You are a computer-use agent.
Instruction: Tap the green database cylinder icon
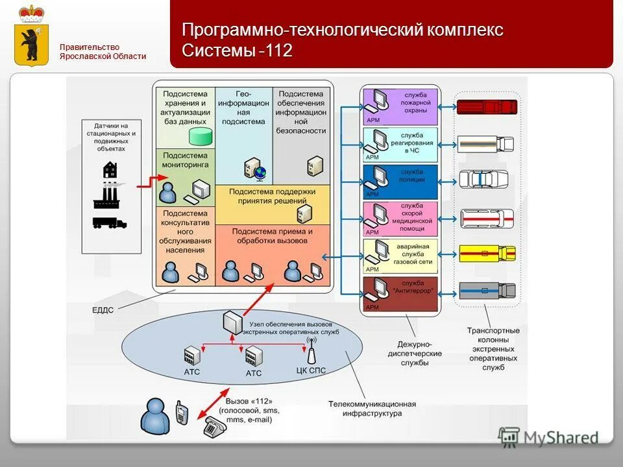coord(201,136)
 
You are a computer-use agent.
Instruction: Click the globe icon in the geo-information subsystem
coord(260,173)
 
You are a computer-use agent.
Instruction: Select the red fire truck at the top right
coord(487,107)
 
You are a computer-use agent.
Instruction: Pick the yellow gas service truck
coord(487,253)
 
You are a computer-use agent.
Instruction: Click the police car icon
coord(486,179)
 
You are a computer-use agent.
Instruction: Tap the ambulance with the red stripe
coord(487,219)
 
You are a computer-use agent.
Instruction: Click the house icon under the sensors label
coord(110,170)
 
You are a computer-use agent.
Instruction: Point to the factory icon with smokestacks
coord(109,195)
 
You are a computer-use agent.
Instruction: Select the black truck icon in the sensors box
coord(109,222)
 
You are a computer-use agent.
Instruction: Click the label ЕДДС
coord(102,310)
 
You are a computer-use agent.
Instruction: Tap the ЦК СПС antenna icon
coord(310,353)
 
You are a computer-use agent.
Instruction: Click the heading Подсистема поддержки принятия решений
coord(273,196)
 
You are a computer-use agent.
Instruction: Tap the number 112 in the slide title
coord(278,51)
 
